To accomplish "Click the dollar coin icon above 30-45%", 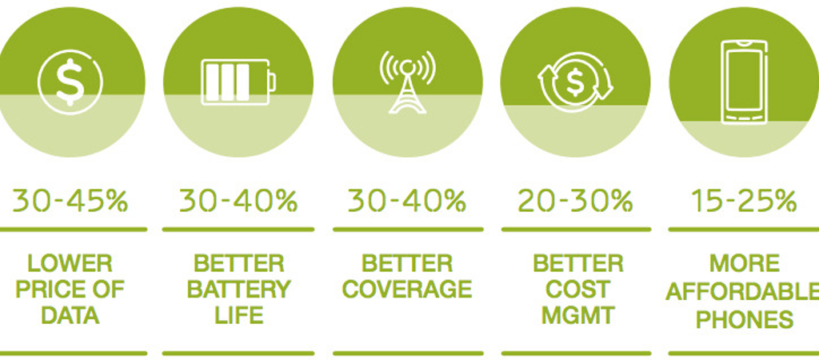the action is pos(70,82).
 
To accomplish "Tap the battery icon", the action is pos(238,82).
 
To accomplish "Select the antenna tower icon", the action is pos(407,82).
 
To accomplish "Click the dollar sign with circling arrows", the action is pos(575,82).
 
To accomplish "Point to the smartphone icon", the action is pos(745,82).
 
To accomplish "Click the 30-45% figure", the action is pos(70,201).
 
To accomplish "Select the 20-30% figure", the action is pos(575,201).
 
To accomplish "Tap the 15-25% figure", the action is pos(745,201).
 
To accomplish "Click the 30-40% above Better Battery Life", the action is pos(238,201).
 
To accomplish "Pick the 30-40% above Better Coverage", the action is pos(407,201).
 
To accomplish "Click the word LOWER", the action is pos(70,264).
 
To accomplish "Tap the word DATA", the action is pos(70,315).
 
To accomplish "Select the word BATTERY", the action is pos(238,290).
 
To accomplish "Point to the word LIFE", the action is pos(238,315).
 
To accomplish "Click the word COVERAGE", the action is pos(407,290).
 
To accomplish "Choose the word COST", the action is pos(577,290).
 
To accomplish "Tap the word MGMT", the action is pos(577,315).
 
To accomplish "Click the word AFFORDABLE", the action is pos(742,293).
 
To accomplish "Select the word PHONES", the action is pos(745,319).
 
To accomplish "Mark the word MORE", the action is pos(745,264).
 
